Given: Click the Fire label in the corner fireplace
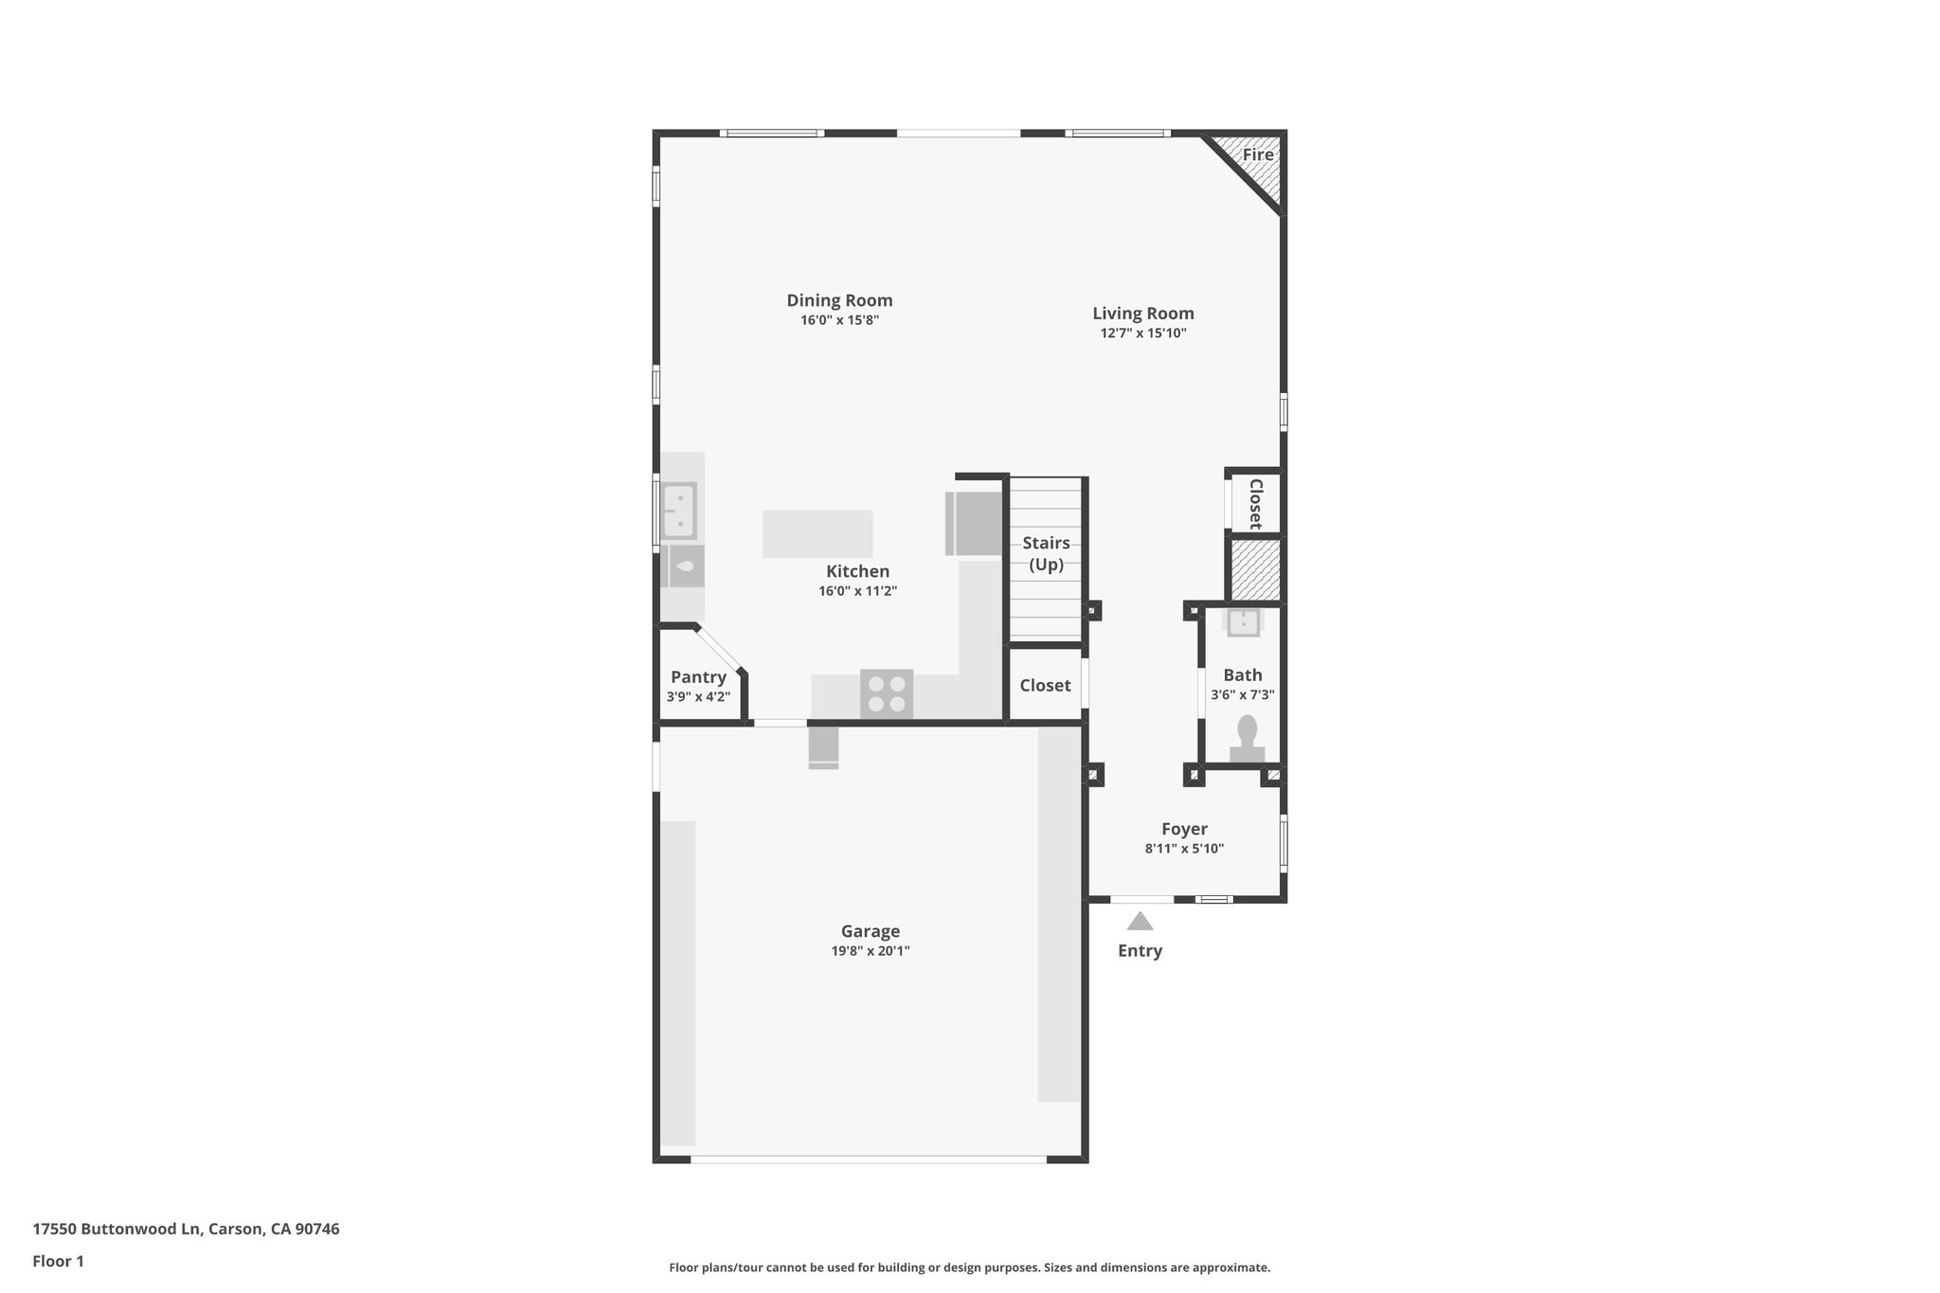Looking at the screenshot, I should (1257, 155).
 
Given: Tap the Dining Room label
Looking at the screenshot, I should (839, 300).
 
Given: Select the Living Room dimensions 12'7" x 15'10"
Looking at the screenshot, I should (1142, 333).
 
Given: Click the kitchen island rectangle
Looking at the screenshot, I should (817, 534).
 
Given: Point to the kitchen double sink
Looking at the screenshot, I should (678, 511).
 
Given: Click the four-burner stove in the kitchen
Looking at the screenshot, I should (887, 693).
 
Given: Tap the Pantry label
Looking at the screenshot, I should (698, 677).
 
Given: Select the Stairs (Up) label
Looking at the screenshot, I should (1046, 553).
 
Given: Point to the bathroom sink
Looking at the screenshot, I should (1243, 622).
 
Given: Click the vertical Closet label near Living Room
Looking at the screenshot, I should (1255, 504).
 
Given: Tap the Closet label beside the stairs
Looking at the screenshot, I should (1045, 686).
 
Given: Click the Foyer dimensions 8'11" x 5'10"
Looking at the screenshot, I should (1184, 849).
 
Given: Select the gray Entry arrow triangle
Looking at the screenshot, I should (1140, 922).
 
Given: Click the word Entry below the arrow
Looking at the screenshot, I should (1140, 951).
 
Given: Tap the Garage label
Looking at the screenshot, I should (870, 931).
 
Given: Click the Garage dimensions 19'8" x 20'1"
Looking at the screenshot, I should (870, 951).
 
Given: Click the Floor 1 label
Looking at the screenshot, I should (58, 1262).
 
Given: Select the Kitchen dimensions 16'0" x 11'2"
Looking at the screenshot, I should (857, 591).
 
